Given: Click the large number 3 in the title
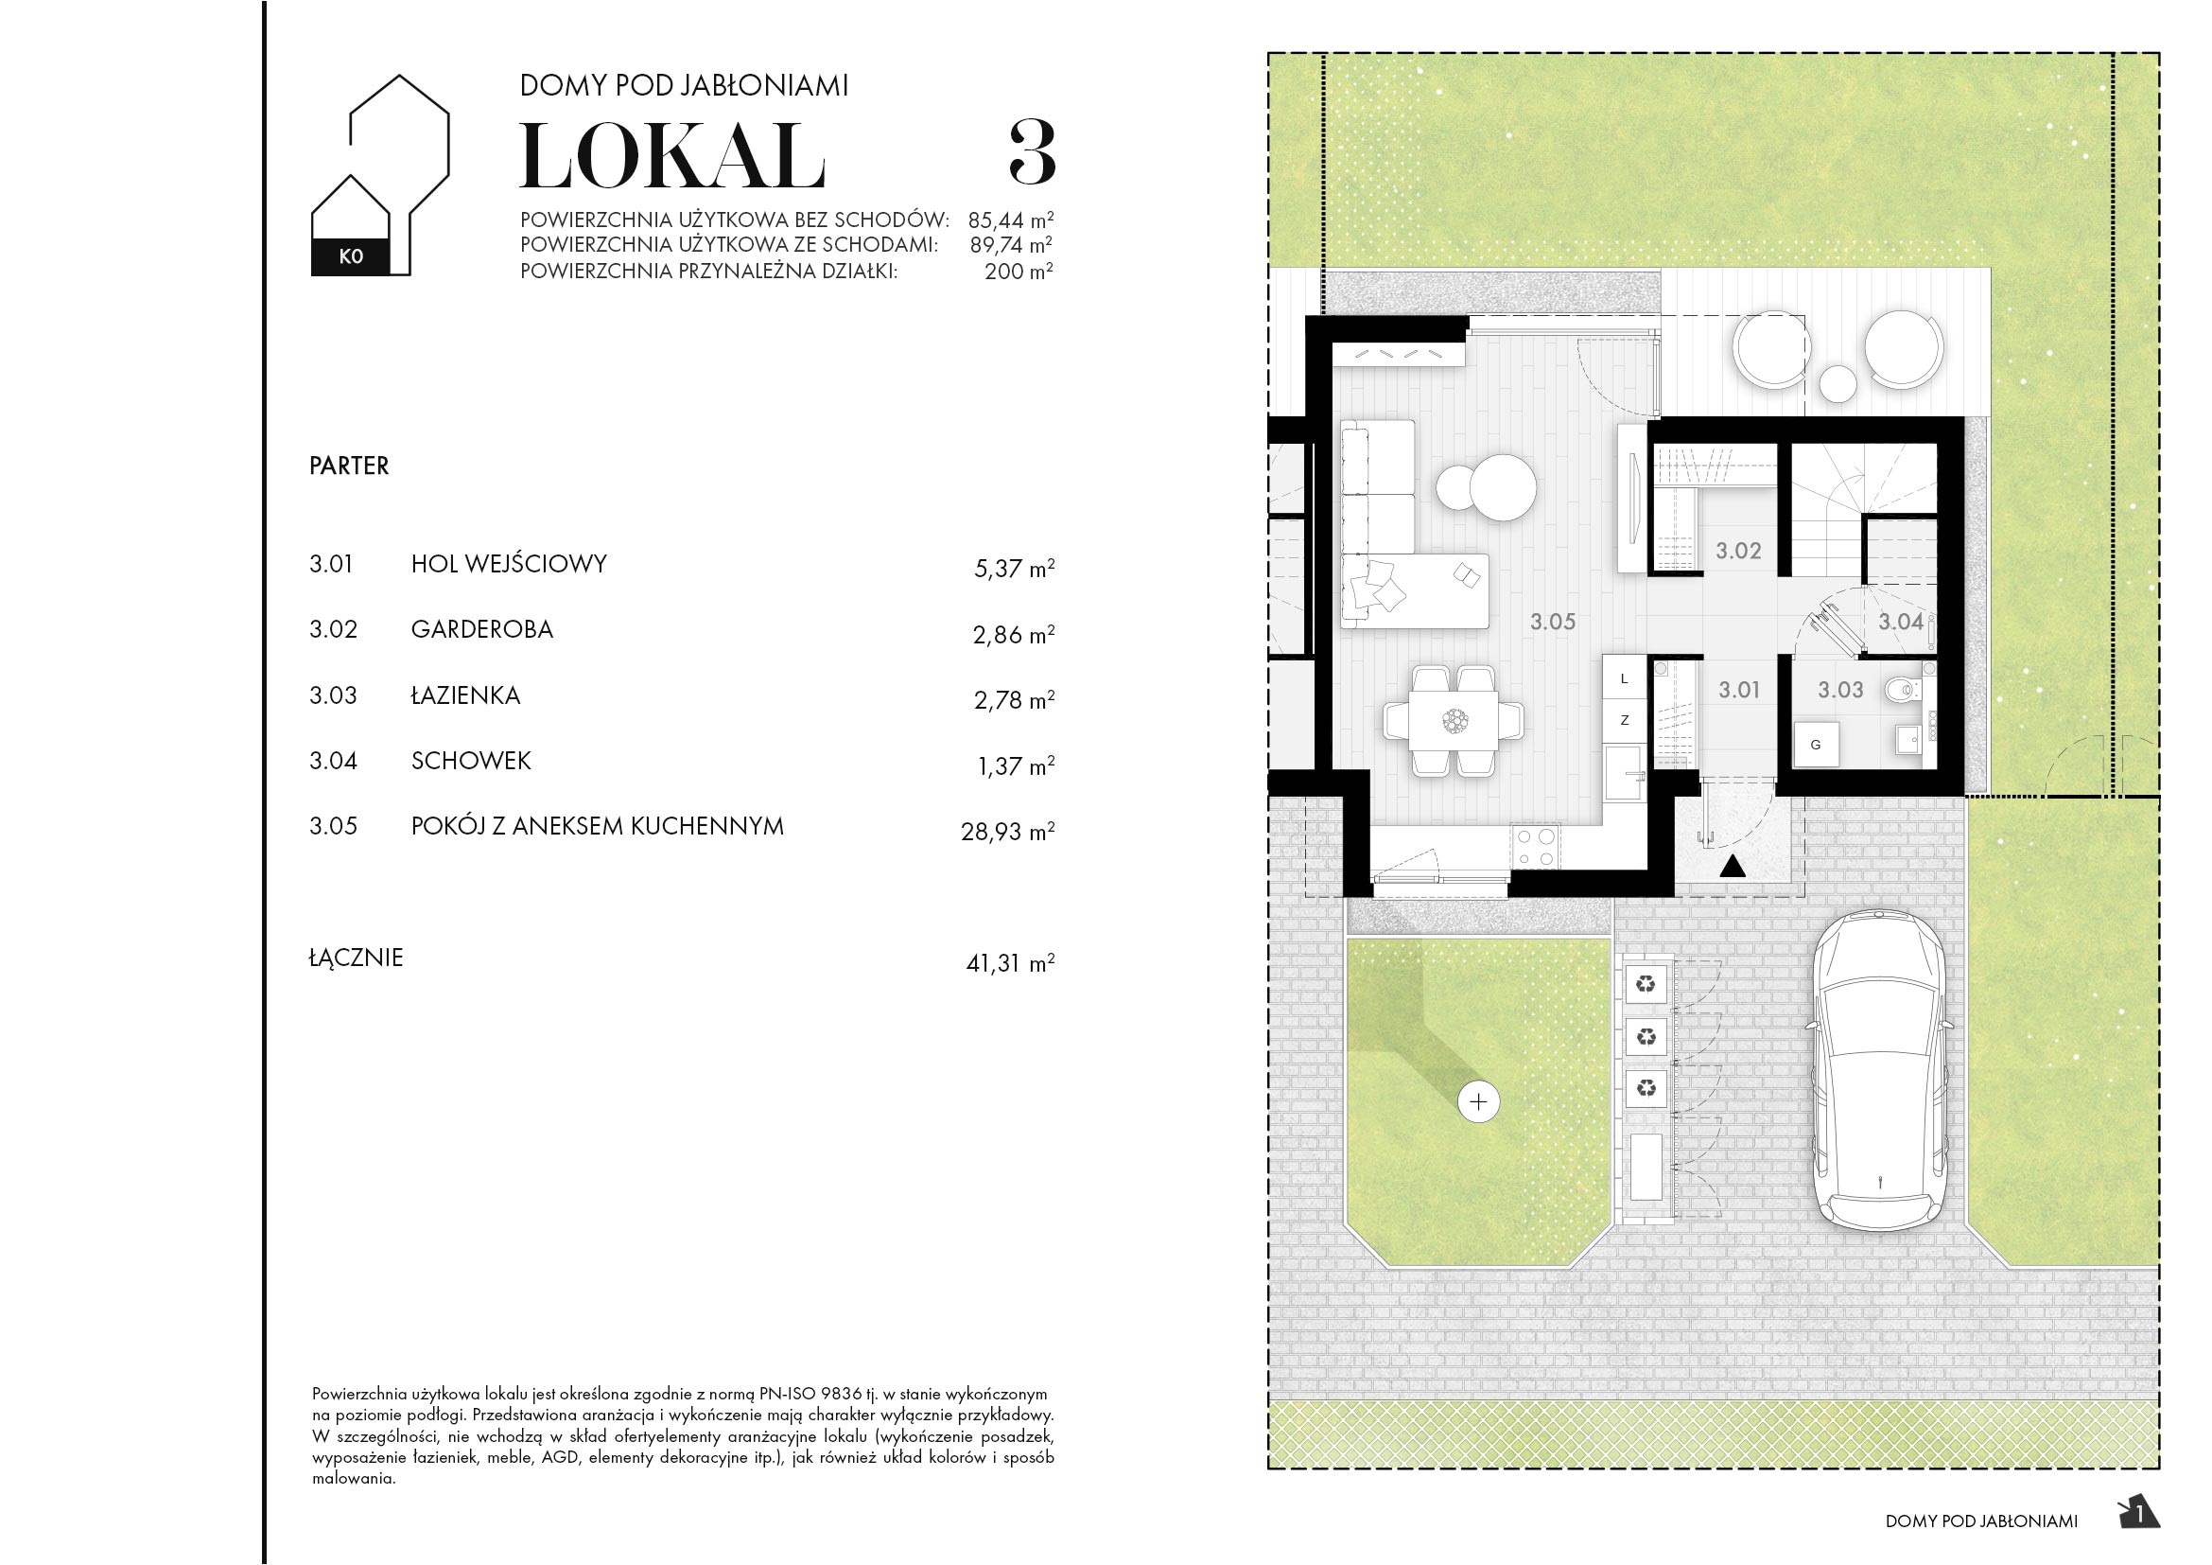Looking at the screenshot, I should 1032,153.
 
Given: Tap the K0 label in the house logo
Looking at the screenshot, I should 351,256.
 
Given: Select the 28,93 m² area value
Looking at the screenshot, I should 1007,831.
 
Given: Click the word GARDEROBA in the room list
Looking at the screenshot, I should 481,629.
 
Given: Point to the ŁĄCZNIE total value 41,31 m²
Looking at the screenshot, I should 1010,962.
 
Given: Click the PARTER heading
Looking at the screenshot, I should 349,466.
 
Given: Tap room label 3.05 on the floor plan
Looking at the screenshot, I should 1552,623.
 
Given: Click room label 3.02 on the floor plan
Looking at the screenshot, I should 1738,552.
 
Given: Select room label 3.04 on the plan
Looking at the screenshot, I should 1900,623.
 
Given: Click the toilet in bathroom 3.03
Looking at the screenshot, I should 1902,689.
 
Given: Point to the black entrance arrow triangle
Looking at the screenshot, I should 1733,868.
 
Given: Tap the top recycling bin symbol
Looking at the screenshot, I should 1646,984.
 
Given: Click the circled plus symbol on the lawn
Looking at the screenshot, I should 1479,1101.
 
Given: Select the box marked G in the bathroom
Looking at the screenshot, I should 1816,745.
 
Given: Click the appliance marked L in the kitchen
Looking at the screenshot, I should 1625,678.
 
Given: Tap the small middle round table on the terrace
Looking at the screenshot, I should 1838,383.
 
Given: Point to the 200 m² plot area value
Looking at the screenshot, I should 1018,272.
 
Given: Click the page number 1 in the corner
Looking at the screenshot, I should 2140,1514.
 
